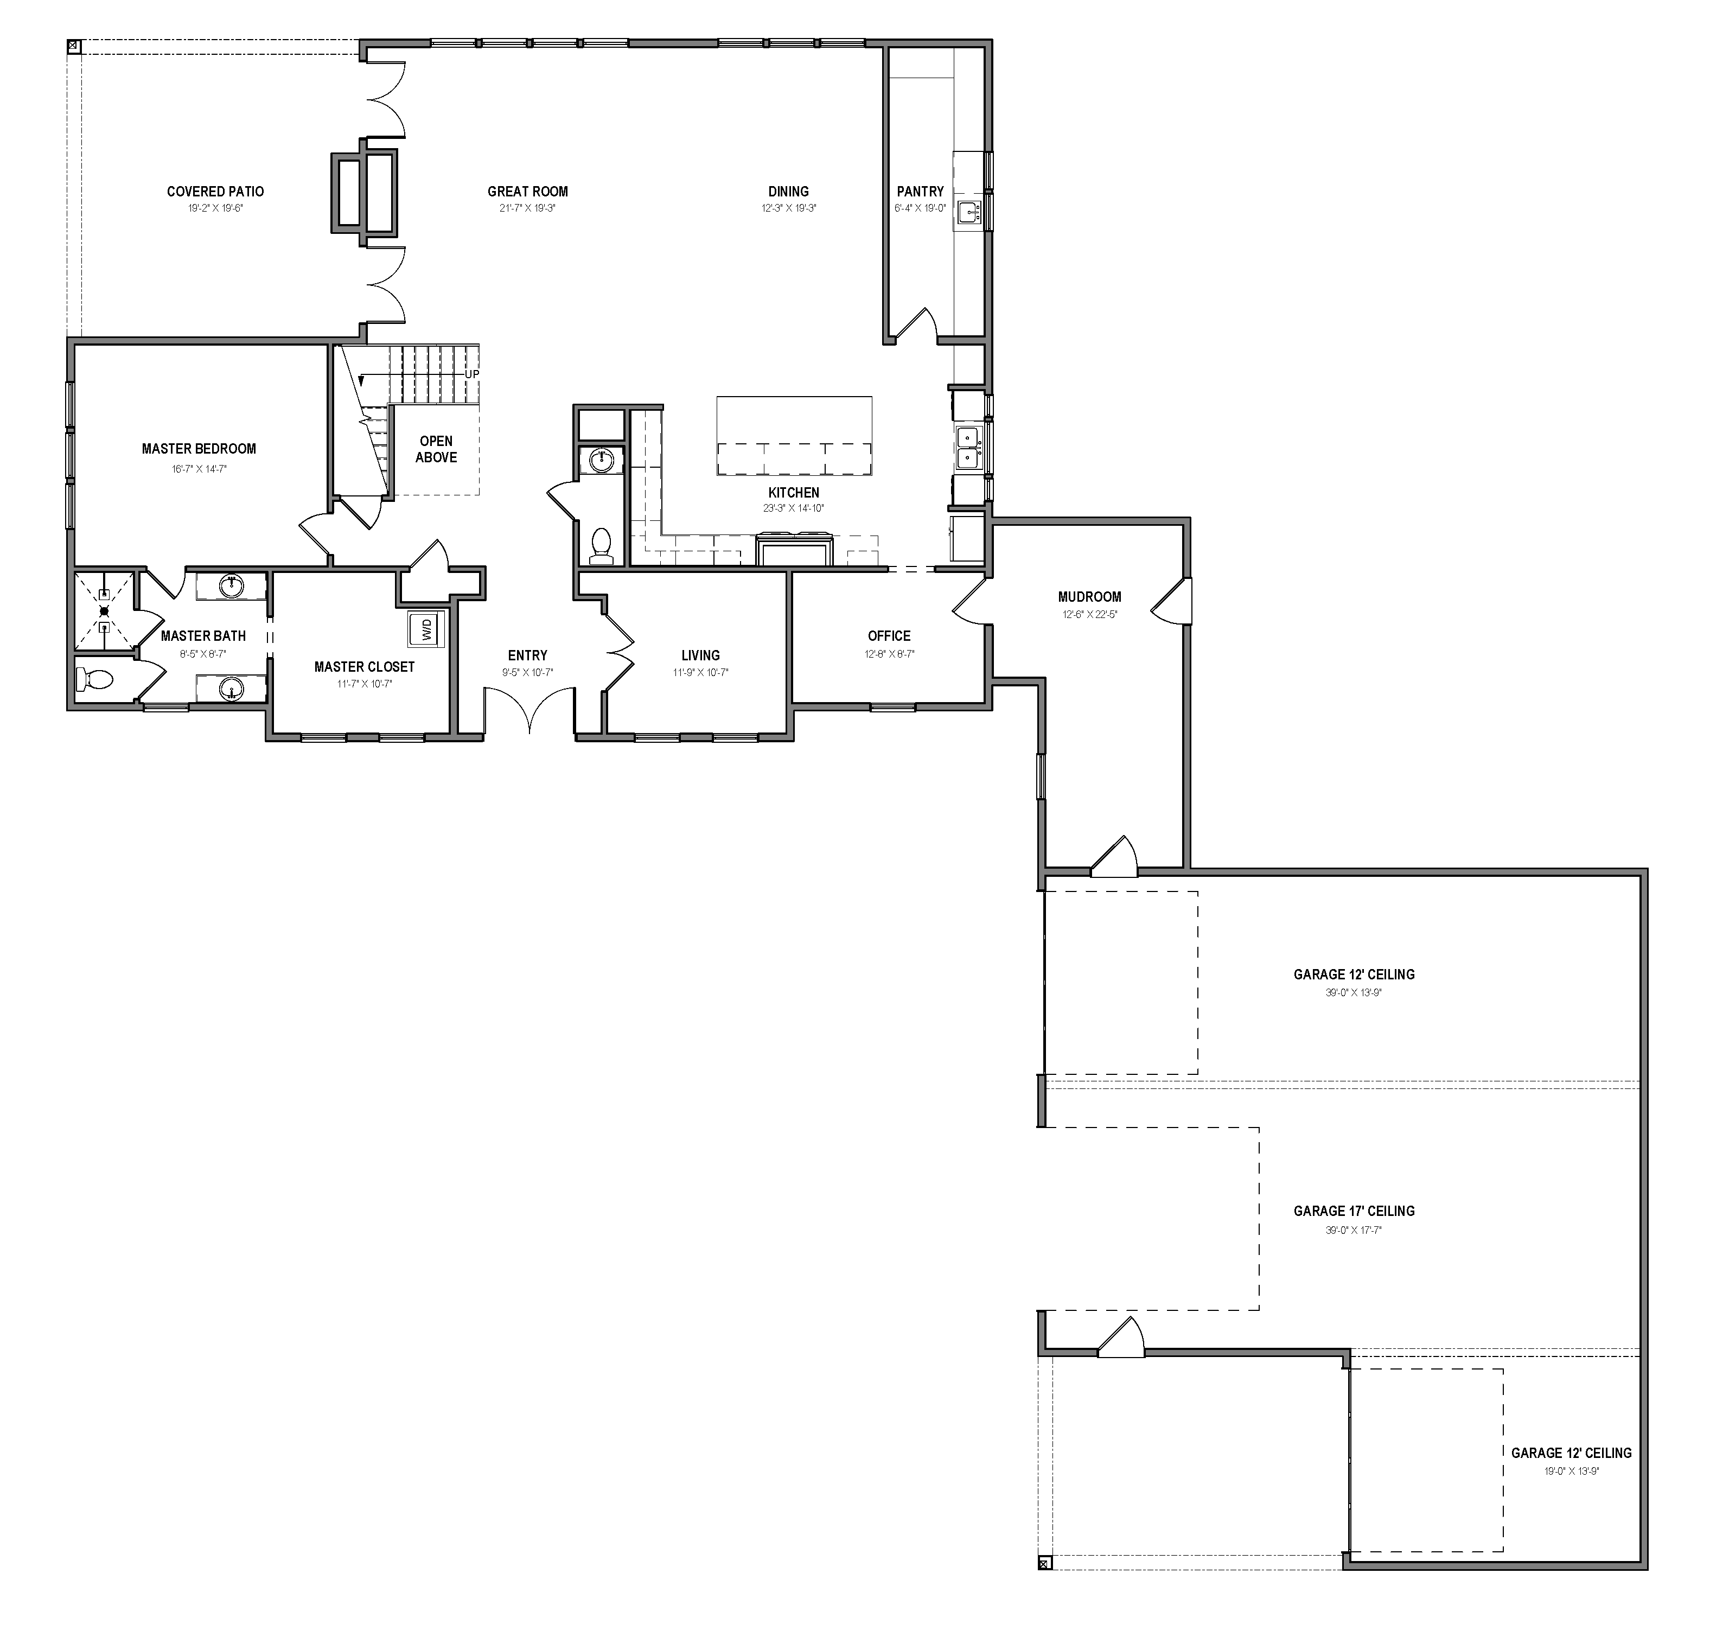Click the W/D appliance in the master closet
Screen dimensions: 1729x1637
pyautogui.click(x=426, y=628)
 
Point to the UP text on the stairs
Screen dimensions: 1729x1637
pyautogui.click(x=472, y=374)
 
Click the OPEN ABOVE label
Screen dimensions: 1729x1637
pyautogui.click(x=436, y=449)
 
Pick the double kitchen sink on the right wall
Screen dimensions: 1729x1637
pyautogui.click(x=967, y=447)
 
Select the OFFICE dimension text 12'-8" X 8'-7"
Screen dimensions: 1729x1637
pyautogui.click(x=889, y=654)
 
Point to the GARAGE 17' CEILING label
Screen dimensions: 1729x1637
pyautogui.click(x=1354, y=1211)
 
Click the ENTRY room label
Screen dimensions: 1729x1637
pyautogui.click(x=528, y=655)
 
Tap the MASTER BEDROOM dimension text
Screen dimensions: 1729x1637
pyautogui.click(x=199, y=469)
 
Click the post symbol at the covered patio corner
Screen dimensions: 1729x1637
pyautogui.click(x=73, y=46)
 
